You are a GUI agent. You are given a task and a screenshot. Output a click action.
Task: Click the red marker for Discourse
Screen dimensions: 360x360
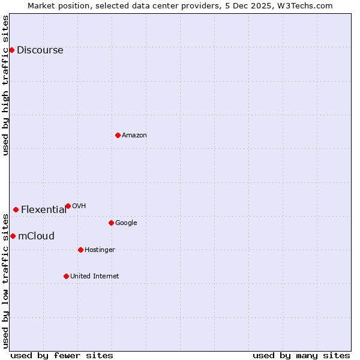click(11, 50)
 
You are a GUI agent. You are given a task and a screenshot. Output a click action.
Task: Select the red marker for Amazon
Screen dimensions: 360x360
click(118, 135)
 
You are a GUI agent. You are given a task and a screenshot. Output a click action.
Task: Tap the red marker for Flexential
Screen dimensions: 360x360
click(16, 209)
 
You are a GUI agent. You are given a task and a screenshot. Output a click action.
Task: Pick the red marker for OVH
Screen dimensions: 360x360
click(68, 206)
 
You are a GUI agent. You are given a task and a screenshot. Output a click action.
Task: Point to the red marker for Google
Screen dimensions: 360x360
click(111, 223)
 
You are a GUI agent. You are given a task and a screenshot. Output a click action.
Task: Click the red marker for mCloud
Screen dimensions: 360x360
click(13, 236)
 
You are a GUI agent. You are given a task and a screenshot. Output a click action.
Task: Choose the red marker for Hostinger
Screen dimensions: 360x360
click(80, 250)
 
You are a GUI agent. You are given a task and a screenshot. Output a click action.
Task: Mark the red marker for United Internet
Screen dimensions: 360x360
click(66, 276)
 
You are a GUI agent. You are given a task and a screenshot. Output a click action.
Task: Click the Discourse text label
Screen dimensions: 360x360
click(40, 50)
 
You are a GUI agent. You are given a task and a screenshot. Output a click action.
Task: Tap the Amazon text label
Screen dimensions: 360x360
click(134, 135)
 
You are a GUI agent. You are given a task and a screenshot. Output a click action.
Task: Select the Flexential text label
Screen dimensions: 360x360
click(44, 209)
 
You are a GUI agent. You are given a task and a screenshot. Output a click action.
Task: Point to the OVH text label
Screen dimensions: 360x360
click(79, 206)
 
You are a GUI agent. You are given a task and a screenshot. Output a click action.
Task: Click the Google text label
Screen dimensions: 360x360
click(126, 223)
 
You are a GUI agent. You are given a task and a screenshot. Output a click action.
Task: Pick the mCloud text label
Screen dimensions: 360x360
click(36, 236)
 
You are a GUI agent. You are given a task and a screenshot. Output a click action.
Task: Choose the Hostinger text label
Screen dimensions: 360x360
click(100, 250)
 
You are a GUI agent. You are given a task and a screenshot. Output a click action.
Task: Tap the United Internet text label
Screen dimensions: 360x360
click(94, 276)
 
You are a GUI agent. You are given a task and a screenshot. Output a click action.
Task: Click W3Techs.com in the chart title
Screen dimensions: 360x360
click(305, 5)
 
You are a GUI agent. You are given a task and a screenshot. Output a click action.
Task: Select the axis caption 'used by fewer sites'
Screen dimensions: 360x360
click(62, 355)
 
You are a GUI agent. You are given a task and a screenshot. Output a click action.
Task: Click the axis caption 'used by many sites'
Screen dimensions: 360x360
click(301, 355)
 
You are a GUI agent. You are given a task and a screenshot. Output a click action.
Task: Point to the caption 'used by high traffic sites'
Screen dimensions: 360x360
click(5, 85)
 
